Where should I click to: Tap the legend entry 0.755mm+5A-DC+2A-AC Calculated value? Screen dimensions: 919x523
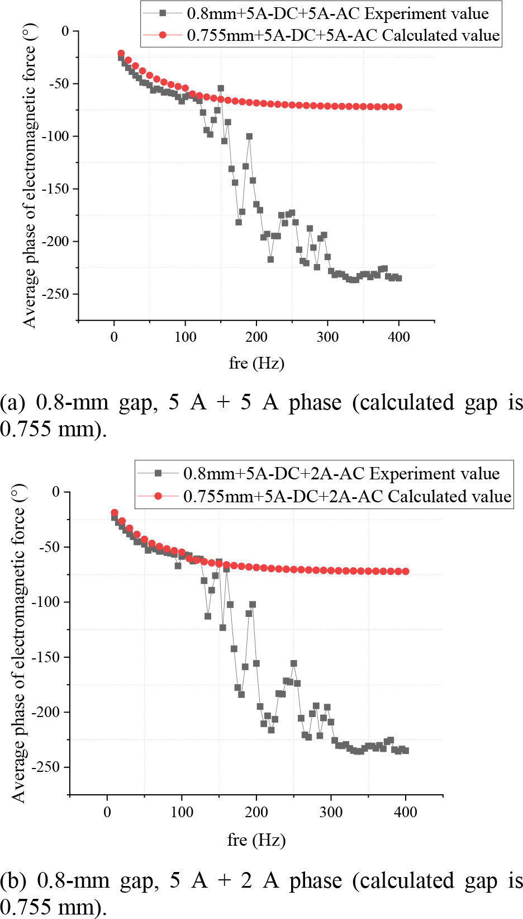347,497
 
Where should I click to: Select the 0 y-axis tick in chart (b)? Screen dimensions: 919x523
55,492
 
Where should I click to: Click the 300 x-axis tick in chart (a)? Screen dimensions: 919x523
327,337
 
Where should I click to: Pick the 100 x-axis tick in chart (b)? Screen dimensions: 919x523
182,812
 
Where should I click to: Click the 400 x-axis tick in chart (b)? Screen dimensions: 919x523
405,812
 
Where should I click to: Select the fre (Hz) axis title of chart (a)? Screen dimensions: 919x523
256,364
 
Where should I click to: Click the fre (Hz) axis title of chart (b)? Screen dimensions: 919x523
256,840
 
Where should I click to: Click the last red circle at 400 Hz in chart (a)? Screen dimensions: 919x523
398,107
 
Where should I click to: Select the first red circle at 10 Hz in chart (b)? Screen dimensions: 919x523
115,513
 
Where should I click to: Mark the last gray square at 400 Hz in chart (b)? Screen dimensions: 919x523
405,751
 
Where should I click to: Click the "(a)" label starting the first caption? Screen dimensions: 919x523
13,403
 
